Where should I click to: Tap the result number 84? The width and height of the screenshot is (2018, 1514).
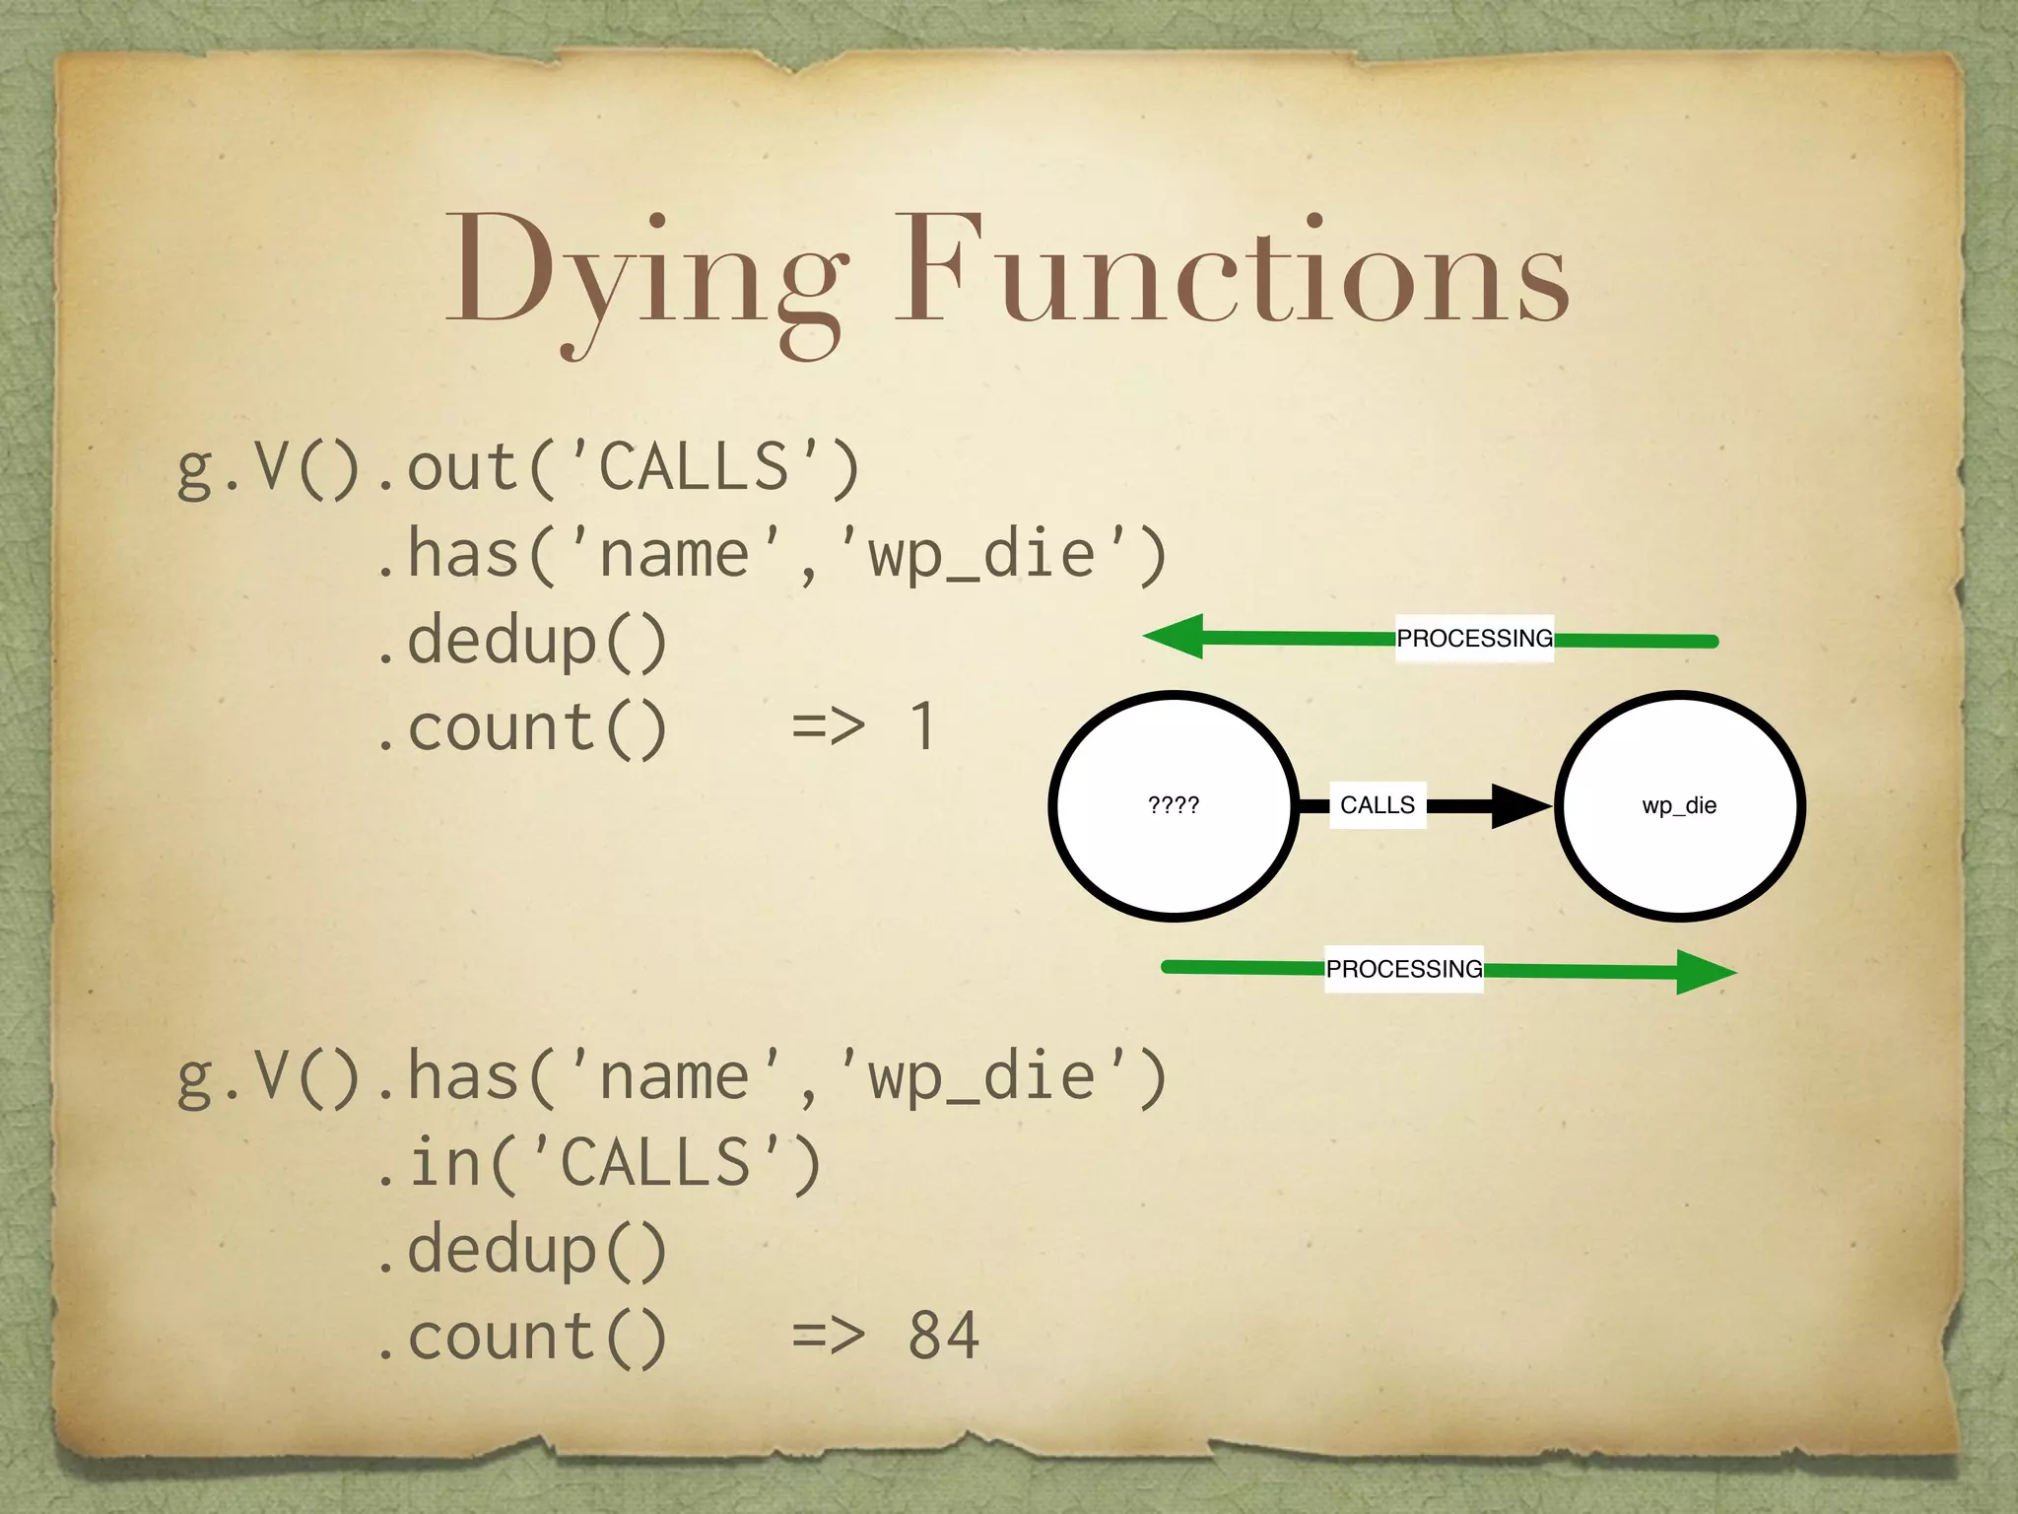(943, 1337)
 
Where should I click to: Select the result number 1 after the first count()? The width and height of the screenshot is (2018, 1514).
(922, 727)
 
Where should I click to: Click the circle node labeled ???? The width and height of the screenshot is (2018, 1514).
(1174, 806)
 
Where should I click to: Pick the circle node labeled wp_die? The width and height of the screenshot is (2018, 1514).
(1679, 806)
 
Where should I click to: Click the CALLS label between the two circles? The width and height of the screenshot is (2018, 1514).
(1377, 805)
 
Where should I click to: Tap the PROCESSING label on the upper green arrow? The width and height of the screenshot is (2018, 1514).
(1474, 639)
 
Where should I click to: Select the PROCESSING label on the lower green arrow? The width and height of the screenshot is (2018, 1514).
(1403, 969)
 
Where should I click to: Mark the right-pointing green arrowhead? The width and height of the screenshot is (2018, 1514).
(1704, 972)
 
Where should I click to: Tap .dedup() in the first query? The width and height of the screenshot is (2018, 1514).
(522, 641)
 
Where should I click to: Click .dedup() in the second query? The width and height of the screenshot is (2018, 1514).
(522, 1250)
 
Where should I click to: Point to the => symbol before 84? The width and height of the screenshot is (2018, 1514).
(828, 1337)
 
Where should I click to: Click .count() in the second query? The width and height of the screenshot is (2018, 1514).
(522, 1337)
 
